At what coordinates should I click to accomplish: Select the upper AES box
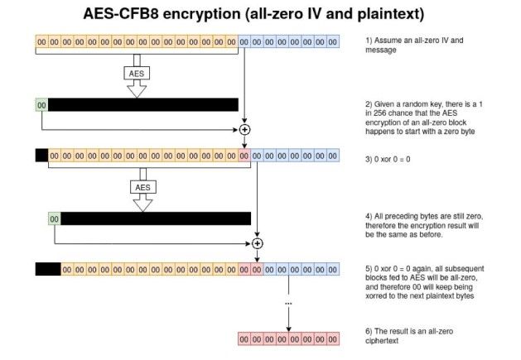coord(137,74)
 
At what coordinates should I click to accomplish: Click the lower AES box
coord(142,187)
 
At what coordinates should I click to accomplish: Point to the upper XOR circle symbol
coord(244,130)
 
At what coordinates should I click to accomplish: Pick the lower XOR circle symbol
coord(257,243)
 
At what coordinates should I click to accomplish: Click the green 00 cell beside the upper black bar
coord(41,105)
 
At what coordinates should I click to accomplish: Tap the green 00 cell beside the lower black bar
coord(55,218)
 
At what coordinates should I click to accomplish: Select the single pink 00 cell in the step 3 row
coord(244,156)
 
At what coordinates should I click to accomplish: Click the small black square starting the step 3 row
coord(42,156)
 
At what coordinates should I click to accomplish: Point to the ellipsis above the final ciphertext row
coord(288,303)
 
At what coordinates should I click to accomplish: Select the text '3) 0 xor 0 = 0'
coord(388,160)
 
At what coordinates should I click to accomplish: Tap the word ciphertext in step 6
coord(382,341)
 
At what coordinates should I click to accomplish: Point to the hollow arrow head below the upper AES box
coord(137,89)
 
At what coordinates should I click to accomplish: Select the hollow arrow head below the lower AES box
coord(142,203)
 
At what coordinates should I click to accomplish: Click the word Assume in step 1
coord(388,41)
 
